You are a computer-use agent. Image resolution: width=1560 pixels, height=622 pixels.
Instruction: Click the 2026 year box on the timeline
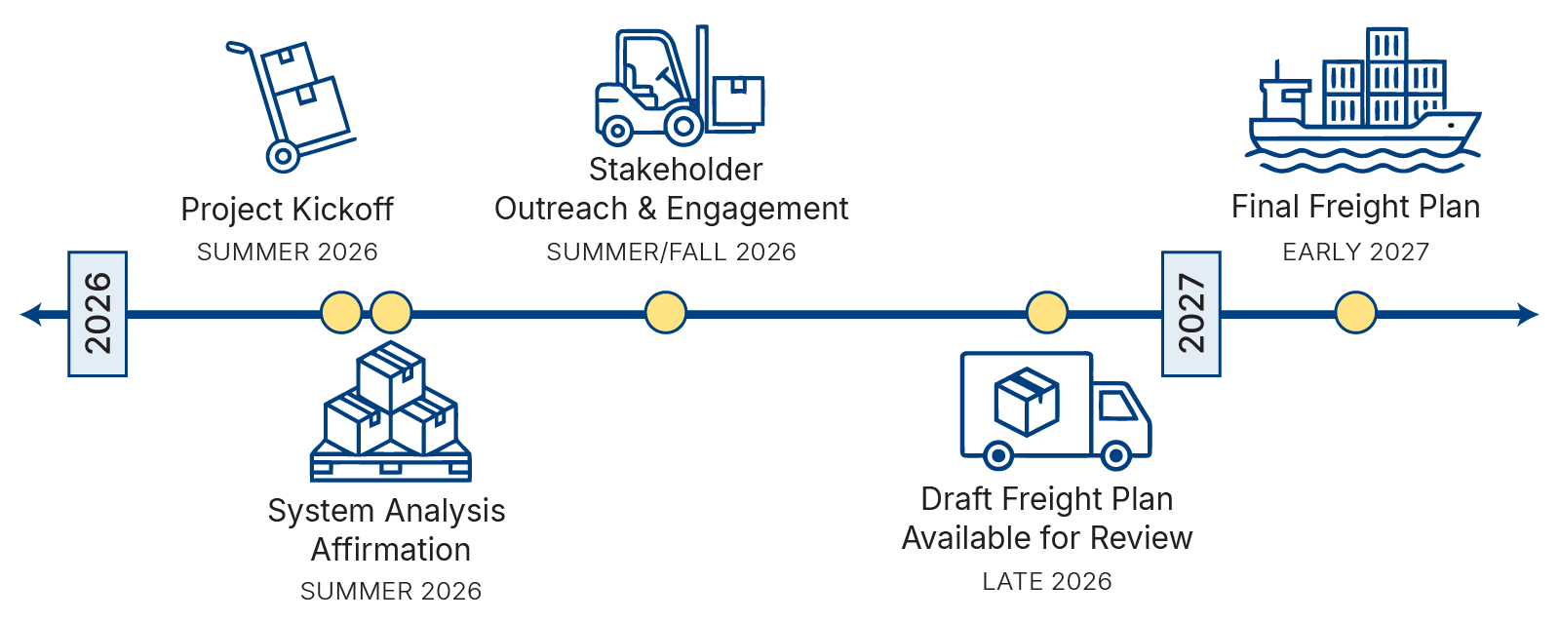97,314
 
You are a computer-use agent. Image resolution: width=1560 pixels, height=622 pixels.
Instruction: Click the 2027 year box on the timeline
1190,314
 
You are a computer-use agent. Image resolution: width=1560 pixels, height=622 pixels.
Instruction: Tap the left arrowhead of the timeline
31,314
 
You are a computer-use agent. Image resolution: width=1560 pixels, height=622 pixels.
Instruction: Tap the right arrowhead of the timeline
1527,314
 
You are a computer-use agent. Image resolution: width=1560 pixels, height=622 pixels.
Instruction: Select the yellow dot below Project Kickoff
341,313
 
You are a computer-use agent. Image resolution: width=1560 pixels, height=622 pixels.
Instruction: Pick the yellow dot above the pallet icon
391,313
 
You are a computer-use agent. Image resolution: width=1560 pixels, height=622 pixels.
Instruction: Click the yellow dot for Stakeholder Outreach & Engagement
666,313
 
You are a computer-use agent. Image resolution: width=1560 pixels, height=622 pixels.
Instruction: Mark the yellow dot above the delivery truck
1047,313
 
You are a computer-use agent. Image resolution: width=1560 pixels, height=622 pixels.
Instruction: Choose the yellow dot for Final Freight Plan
1356,313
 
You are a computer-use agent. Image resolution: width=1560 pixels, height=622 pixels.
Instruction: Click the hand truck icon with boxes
290,106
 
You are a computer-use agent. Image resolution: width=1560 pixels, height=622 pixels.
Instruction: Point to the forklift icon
679,85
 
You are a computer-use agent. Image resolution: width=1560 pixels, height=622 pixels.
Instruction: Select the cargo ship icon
1363,100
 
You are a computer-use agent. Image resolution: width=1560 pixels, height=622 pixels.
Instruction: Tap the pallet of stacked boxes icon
391,411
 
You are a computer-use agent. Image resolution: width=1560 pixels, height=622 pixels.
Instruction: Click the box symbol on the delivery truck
1027,402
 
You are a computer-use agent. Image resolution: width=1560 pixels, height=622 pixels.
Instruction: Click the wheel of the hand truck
283,156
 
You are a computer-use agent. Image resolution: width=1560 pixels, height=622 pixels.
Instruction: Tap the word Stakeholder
676,170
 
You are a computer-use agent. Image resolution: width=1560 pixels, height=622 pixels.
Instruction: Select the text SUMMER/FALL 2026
671,253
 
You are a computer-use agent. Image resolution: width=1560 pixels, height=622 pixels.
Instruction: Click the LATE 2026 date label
1047,582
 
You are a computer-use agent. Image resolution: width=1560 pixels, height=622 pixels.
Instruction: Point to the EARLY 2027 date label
1356,253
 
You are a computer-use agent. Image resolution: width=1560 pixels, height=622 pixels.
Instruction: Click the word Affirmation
391,550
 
